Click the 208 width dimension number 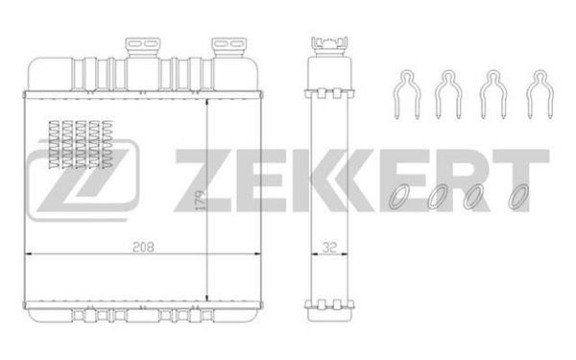(x=143, y=247)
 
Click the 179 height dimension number (x=201, y=201)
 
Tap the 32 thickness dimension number (x=329, y=248)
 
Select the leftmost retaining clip (x=407, y=94)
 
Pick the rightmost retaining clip (x=540, y=94)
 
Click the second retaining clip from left (x=447, y=94)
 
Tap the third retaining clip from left (x=493, y=94)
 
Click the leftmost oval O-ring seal (x=399, y=196)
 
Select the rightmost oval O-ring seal (x=518, y=197)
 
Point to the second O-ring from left (x=438, y=197)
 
